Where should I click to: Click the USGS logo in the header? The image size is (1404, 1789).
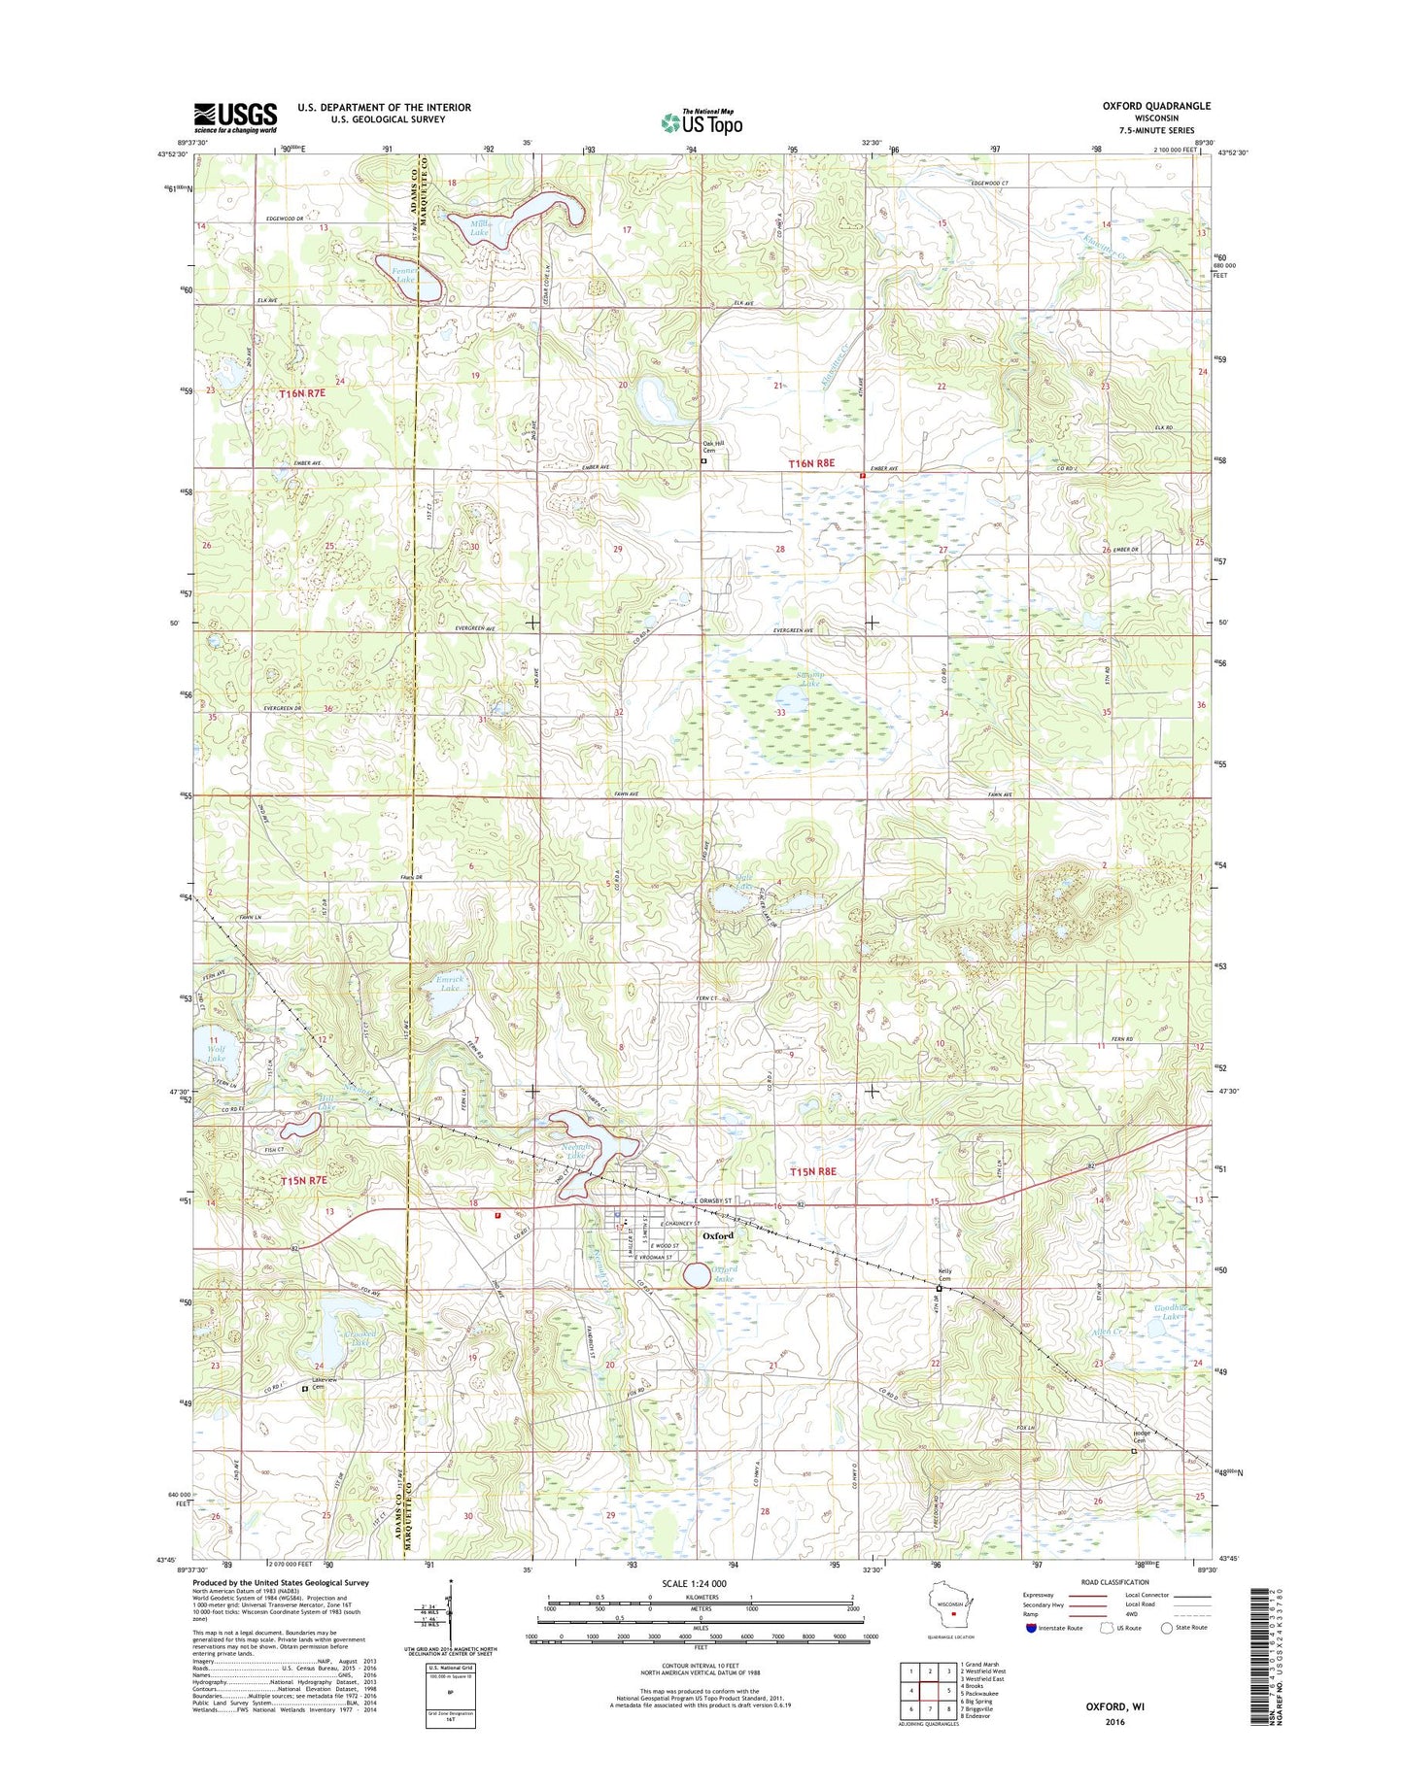[x=235, y=118]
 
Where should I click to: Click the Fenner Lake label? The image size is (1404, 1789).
[x=403, y=274]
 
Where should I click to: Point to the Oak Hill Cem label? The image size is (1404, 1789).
[x=714, y=448]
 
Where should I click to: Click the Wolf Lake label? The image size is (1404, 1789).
[x=215, y=1052]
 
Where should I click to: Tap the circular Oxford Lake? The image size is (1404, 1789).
[x=697, y=1275]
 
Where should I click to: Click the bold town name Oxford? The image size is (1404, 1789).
[x=717, y=1235]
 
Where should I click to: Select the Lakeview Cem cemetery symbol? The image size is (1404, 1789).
[x=304, y=1389]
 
